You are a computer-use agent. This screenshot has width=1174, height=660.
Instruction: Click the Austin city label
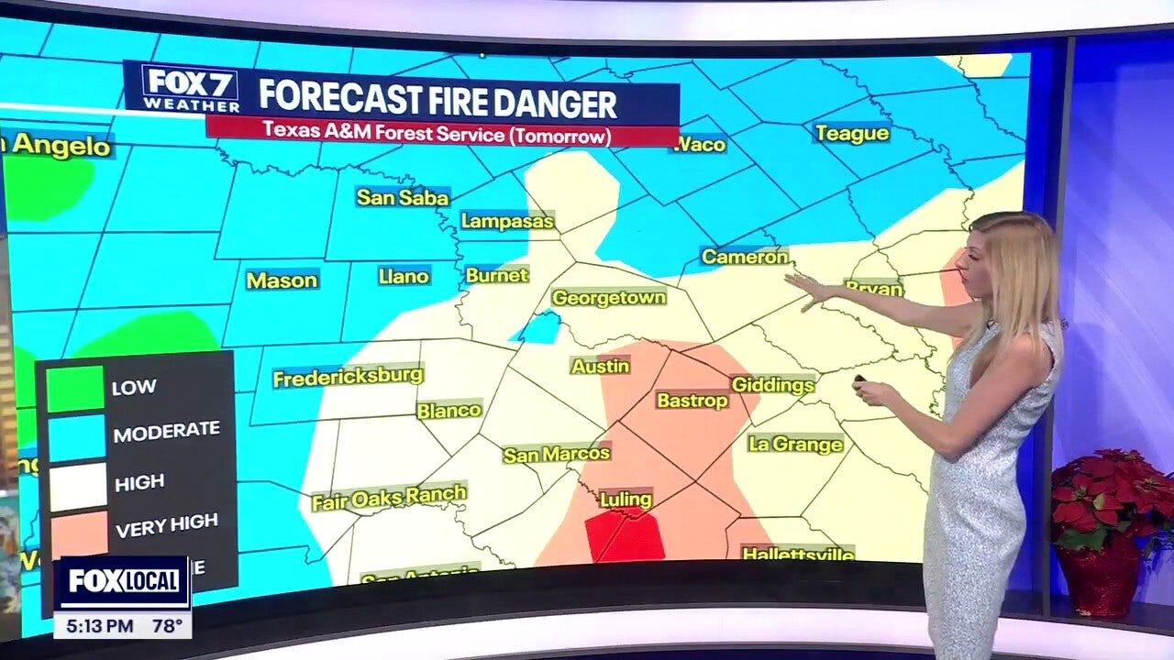600,366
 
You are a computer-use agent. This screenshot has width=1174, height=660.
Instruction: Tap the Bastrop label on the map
692,401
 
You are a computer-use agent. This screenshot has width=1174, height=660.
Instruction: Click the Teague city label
851,134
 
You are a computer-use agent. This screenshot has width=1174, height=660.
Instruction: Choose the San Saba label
403,197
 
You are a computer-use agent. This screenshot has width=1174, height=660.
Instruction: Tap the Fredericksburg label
348,376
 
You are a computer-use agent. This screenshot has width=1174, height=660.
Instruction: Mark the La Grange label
795,445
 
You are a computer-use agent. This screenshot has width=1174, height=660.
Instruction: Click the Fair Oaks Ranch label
389,498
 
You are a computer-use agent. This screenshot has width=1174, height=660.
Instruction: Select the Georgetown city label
608,298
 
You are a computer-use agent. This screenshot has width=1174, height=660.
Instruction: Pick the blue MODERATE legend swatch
77,437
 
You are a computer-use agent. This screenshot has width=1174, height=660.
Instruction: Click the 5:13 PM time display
94,627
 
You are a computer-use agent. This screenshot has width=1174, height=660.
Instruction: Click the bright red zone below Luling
626,537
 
